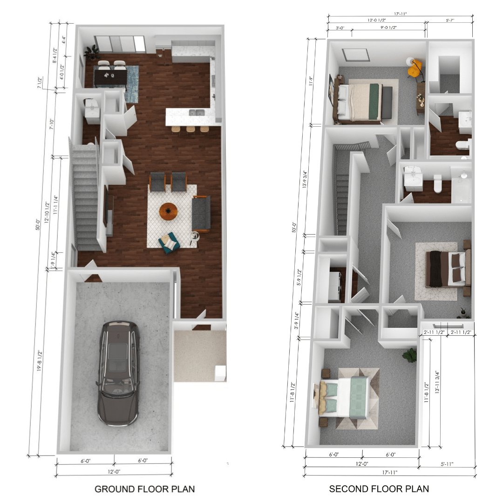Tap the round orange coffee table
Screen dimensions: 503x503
(168, 211)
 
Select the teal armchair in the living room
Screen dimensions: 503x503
(168, 243)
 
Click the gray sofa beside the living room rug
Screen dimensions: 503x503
(201, 213)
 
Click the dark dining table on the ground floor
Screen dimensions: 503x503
(110, 76)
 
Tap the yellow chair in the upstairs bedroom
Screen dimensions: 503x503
(414, 68)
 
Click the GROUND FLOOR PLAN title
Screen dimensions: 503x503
(144, 489)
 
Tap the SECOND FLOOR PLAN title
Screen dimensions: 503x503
(379, 489)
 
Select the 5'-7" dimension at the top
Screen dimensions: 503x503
(449, 21)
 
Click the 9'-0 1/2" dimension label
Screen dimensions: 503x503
(388, 28)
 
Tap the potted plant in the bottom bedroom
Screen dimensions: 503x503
(410, 355)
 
